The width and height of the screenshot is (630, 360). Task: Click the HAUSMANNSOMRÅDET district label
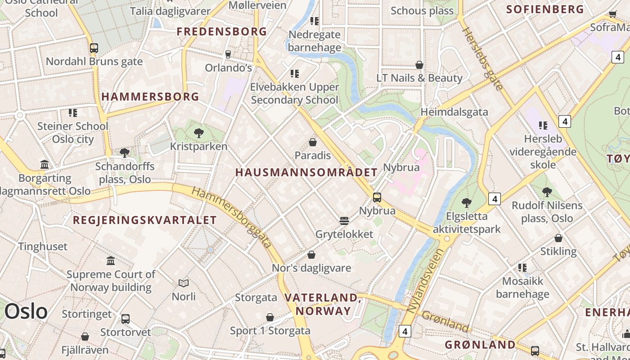coord(306,172)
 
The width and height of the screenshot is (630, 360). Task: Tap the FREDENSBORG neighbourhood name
coord(222,31)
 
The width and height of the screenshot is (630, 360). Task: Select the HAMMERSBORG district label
coord(150,97)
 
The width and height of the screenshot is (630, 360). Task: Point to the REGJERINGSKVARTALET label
coord(145,220)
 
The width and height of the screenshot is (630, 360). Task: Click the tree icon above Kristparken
coord(198,133)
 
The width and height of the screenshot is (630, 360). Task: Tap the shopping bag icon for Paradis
coord(313,143)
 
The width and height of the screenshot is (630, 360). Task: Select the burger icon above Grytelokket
coord(344,221)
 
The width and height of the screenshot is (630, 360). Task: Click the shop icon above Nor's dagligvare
coord(311,255)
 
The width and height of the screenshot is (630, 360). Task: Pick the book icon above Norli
coord(184,283)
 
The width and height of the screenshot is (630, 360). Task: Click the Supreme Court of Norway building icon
coord(111,261)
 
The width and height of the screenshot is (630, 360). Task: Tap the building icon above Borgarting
coord(45,165)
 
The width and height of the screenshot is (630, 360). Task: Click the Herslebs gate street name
coord(482,58)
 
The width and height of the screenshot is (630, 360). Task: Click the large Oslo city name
coord(26,311)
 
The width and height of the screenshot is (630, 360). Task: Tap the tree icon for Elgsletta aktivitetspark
coord(467,202)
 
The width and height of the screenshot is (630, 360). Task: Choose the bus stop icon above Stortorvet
coord(126,319)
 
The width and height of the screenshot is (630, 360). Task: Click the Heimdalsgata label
coord(454,112)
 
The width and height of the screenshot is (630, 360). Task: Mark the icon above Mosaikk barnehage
coord(522,268)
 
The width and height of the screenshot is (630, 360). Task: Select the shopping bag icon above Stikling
coord(558,238)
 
